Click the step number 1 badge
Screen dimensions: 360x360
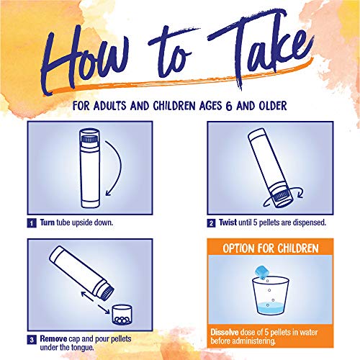coord(32,223)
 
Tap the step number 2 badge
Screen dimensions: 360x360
coord(211,223)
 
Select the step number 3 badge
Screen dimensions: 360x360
coord(32,340)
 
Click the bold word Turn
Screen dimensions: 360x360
coord(48,222)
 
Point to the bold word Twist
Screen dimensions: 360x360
coord(228,222)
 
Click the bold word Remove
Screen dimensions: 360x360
coord(53,339)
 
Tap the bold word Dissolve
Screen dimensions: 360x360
coord(225,332)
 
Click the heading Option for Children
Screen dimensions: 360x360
coord(271,248)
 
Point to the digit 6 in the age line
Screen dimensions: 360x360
coord(229,106)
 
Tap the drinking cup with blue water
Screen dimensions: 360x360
coord(271,296)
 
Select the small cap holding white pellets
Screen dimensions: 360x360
coord(122,315)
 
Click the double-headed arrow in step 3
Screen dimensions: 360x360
coord(95,302)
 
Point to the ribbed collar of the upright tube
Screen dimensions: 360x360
coord(89,139)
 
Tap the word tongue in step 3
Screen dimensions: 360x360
coord(84,348)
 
